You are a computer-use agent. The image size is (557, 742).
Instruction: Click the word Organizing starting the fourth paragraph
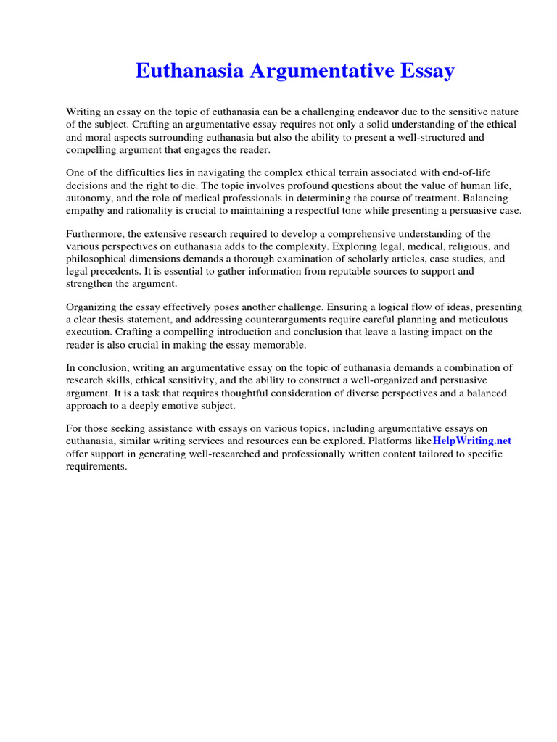[93, 307]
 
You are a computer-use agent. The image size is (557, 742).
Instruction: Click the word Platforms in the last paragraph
[407, 441]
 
